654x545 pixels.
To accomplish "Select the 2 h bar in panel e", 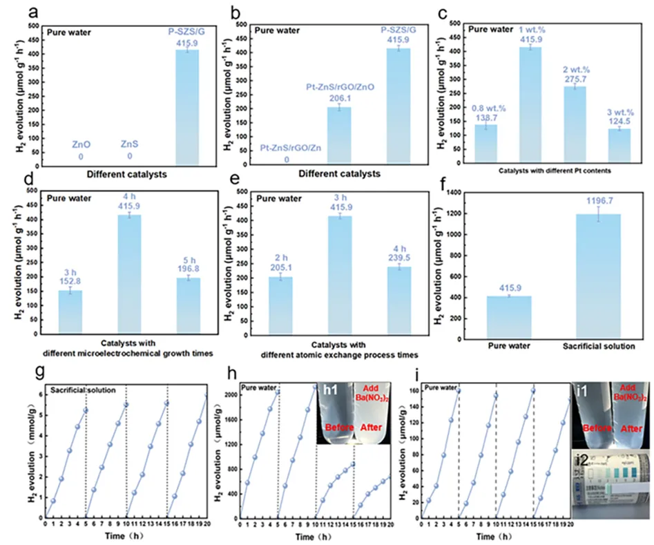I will click(280, 303).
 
